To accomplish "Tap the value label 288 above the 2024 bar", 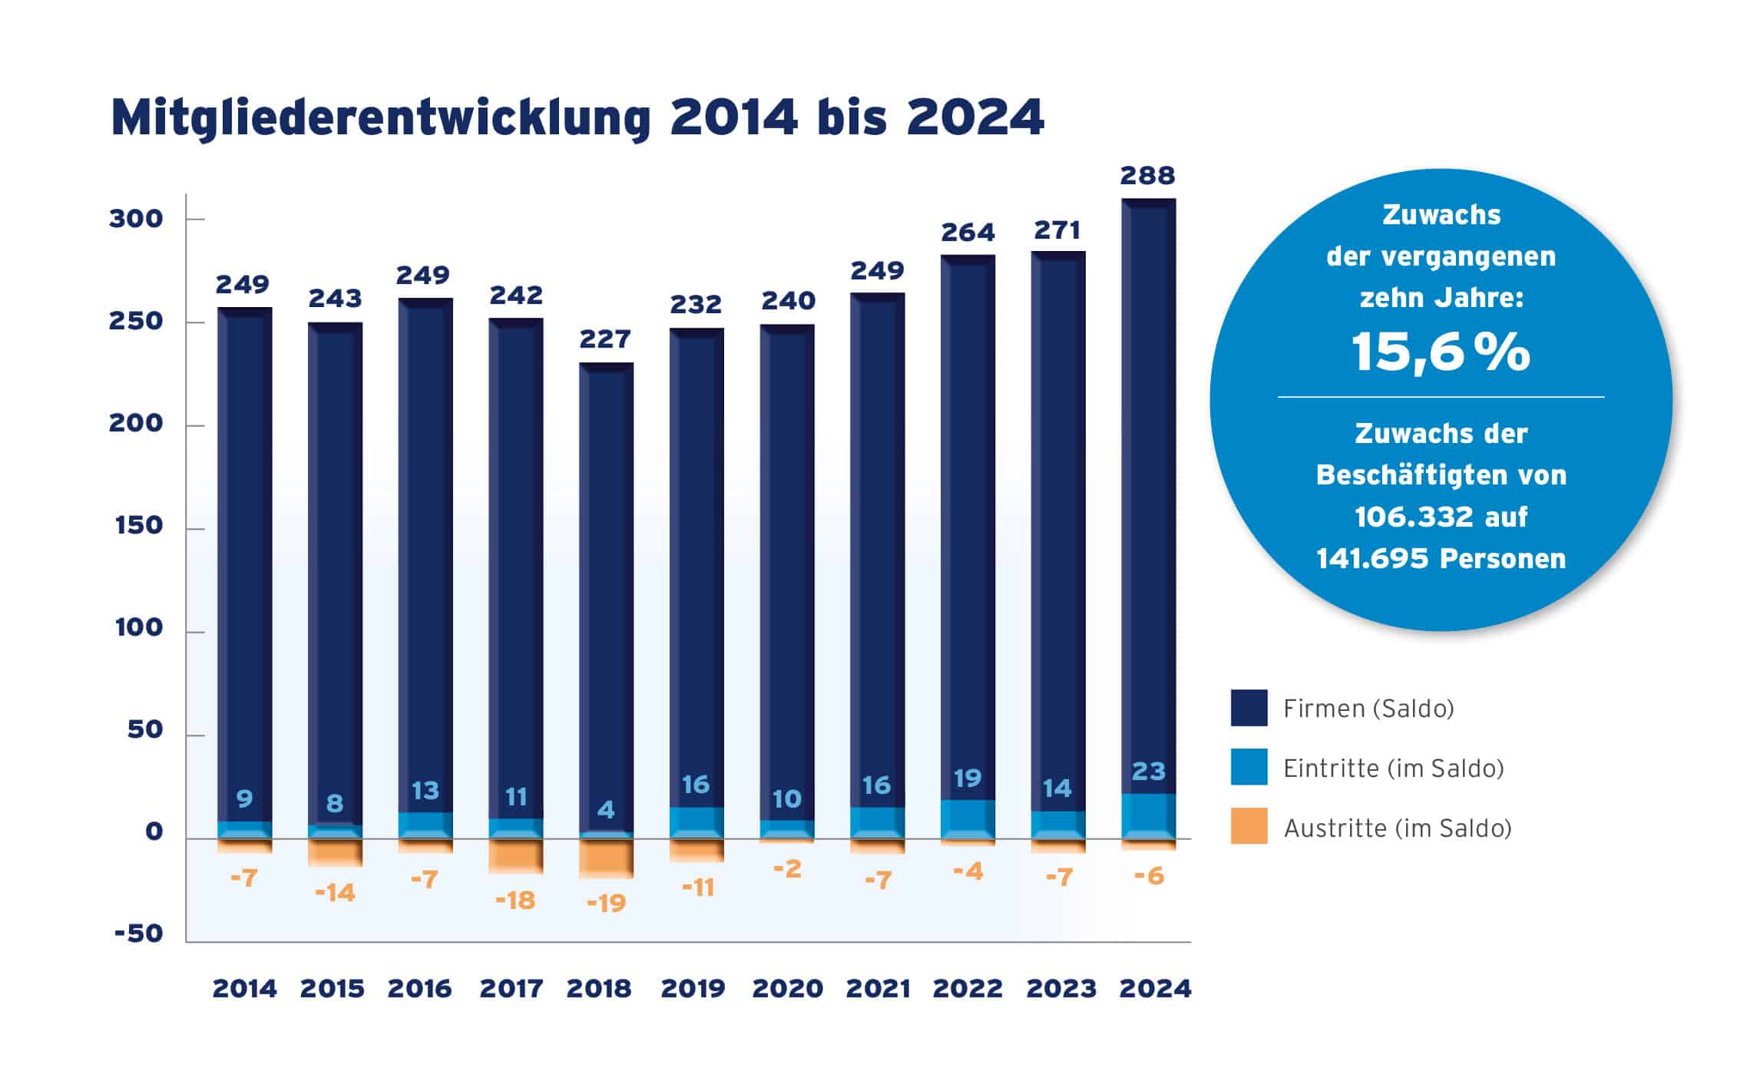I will [1147, 176].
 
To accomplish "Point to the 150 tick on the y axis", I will [139, 526].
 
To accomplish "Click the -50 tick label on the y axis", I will [139, 934].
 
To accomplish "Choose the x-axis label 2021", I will [878, 989].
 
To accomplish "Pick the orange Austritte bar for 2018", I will [606, 858].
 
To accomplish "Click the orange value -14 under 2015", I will [335, 893].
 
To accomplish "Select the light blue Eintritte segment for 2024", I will [1148, 815].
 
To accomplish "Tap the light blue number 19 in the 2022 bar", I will [968, 779].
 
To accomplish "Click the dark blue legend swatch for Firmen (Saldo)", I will [1249, 708].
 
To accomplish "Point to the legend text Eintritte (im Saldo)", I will [1393, 769].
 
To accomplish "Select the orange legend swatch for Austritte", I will [1249, 826].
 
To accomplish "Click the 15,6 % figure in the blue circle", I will [1440, 353].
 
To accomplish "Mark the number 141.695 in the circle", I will [1372, 559].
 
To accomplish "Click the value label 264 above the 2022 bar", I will [968, 232].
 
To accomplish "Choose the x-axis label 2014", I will [244, 989].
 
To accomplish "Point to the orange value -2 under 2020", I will [787, 869].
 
